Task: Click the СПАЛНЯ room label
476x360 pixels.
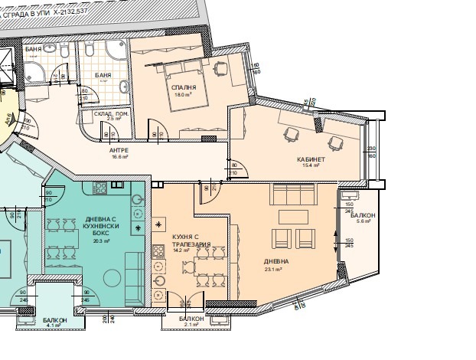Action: pyautogui.click(x=184, y=88)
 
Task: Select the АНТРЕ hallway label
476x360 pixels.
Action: pyautogui.click(x=119, y=150)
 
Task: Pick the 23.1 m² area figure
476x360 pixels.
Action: pyautogui.click(x=274, y=270)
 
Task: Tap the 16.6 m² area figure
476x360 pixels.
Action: pyautogui.click(x=119, y=157)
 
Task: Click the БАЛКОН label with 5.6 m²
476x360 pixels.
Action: pyautogui.click(x=364, y=216)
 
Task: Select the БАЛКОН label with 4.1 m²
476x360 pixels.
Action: pyautogui.click(x=54, y=319)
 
